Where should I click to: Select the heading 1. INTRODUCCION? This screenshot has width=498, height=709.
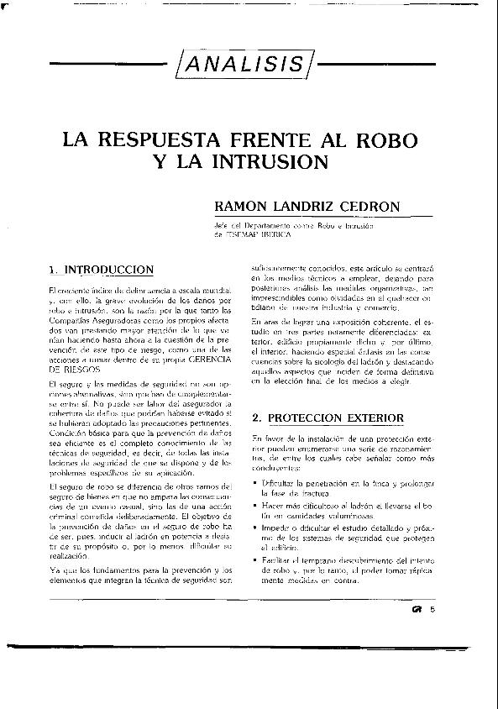(x=101, y=270)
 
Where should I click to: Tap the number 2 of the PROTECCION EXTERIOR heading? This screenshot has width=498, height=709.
(x=256, y=418)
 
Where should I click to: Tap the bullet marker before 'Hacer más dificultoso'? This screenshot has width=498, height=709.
(x=254, y=507)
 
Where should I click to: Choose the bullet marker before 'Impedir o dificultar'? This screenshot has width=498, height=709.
(x=254, y=528)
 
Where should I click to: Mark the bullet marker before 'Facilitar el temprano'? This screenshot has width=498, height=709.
(x=254, y=559)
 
